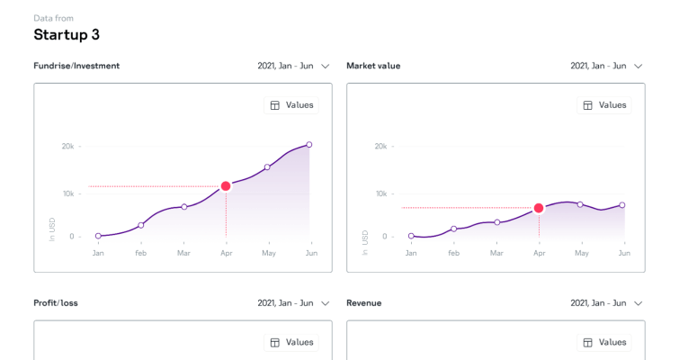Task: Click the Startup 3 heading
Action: (x=67, y=35)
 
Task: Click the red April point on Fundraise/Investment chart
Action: (x=226, y=186)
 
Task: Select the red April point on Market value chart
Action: (x=539, y=208)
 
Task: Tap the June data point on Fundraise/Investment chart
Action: (x=309, y=144)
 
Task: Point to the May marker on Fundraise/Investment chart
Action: (x=267, y=166)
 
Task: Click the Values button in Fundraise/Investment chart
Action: (x=291, y=105)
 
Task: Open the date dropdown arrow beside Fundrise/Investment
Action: (x=326, y=66)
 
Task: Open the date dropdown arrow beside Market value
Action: (x=639, y=66)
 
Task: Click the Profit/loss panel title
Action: (x=56, y=303)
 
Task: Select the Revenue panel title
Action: (x=364, y=303)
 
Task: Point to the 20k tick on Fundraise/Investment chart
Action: (x=67, y=146)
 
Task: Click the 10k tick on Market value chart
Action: (x=380, y=193)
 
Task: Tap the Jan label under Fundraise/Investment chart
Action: (x=98, y=253)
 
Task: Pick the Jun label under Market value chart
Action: (x=623, y=253)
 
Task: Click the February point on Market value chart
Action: (x=454, y=229)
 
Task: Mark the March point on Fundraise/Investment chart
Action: (x=183, y=207)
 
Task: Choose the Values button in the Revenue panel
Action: (x=604, y=342)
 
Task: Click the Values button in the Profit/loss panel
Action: (x=291, y=342)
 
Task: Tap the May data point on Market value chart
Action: (x=580, y=204)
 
